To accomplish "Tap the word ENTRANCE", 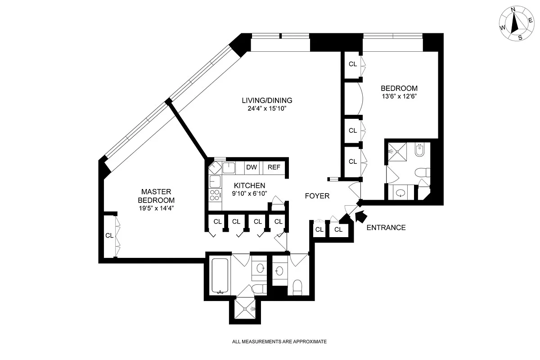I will point(386,228).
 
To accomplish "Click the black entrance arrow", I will point(360,217).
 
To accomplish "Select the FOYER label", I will point(317,196).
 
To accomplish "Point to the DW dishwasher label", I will point(251,167).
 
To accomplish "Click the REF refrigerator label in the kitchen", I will point(274,167).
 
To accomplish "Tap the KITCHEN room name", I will point(249,185).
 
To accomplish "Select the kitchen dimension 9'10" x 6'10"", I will point(249,193).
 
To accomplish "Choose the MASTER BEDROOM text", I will point(156,196).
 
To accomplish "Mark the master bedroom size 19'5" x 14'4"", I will point(156,208).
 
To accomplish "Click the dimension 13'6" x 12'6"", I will point(399,96).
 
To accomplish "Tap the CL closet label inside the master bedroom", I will point(109,235).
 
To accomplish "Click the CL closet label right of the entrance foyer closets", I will point(338,230).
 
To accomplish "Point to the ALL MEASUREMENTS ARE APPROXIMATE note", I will point(279,342).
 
